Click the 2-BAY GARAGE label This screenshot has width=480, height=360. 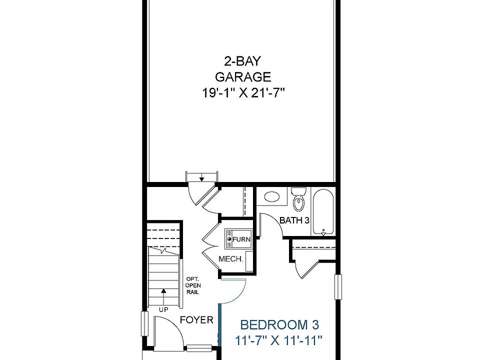click(x=243, y=69)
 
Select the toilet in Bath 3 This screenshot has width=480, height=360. click(x=298, y=199)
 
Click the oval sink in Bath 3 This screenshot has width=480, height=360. click(x=271, y=196)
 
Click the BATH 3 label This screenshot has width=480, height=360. click(x=294, y=220)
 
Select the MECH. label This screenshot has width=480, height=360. click(x=231, y=259)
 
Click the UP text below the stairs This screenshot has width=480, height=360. click(x=163, y=309)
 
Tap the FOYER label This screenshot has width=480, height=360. click(x=196, y=320)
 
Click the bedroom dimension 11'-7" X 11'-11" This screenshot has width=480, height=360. click(x=278, y=340)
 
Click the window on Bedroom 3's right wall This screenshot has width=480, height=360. click(x=338, y=287)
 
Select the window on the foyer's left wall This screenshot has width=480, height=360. click(x=144, y=324)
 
